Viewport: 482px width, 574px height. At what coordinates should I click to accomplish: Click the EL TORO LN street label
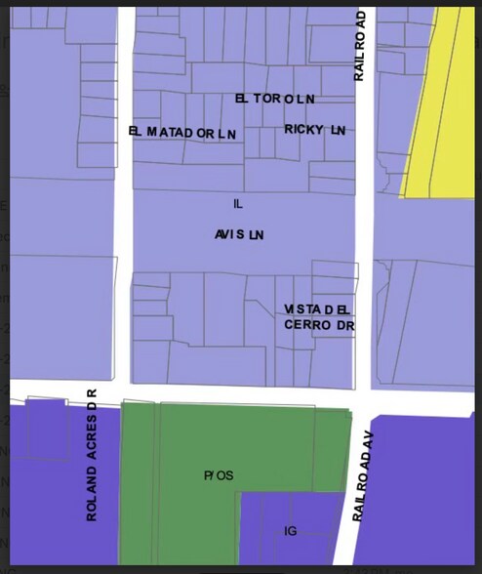[275, 99]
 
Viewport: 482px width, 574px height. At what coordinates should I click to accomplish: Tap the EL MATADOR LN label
[182, 132]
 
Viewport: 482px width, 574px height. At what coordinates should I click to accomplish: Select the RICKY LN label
[315, 129]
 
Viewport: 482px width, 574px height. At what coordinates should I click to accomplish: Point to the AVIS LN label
[239, 235]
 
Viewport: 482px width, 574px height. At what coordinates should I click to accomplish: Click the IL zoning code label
[237, 204]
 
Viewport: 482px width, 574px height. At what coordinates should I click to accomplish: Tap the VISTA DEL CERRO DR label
[318, 316]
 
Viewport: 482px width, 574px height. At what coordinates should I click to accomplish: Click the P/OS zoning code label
[219, 475]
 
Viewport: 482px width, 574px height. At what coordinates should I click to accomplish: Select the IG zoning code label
[290, 531]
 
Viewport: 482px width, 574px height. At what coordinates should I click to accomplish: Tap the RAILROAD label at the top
[359, 47]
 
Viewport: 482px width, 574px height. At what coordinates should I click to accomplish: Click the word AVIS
[230, 235]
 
